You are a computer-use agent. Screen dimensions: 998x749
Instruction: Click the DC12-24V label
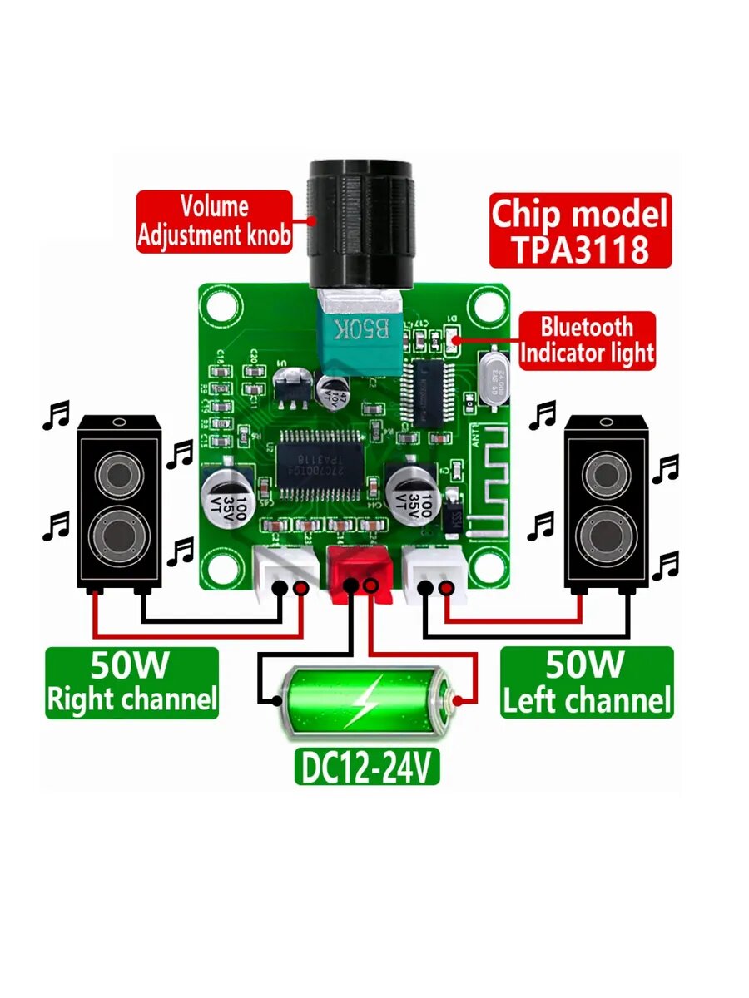coord(366,769)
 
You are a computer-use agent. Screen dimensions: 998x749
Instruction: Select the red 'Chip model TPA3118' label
coord(579,230)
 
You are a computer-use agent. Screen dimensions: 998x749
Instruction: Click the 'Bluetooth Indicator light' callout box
coord(587,340)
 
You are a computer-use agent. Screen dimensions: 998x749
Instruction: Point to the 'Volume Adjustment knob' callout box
coord(215,221)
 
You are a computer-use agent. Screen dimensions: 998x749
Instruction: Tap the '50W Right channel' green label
coord(131,683)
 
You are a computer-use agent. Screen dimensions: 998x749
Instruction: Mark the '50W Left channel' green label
coord(586,683)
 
